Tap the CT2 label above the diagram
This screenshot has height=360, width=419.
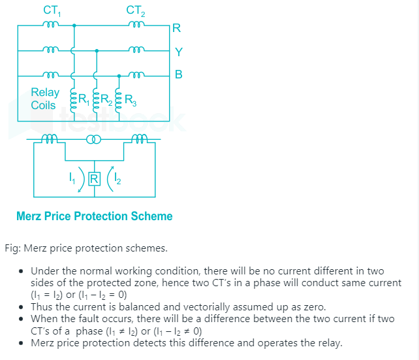135,10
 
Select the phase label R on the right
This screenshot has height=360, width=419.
177,29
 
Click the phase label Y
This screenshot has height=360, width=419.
178,52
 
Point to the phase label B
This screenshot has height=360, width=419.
178,74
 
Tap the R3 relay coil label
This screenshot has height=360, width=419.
129,101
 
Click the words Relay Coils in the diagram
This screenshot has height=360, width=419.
44,99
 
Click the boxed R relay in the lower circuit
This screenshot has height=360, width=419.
94,178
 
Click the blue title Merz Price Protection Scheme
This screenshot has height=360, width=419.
95,216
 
